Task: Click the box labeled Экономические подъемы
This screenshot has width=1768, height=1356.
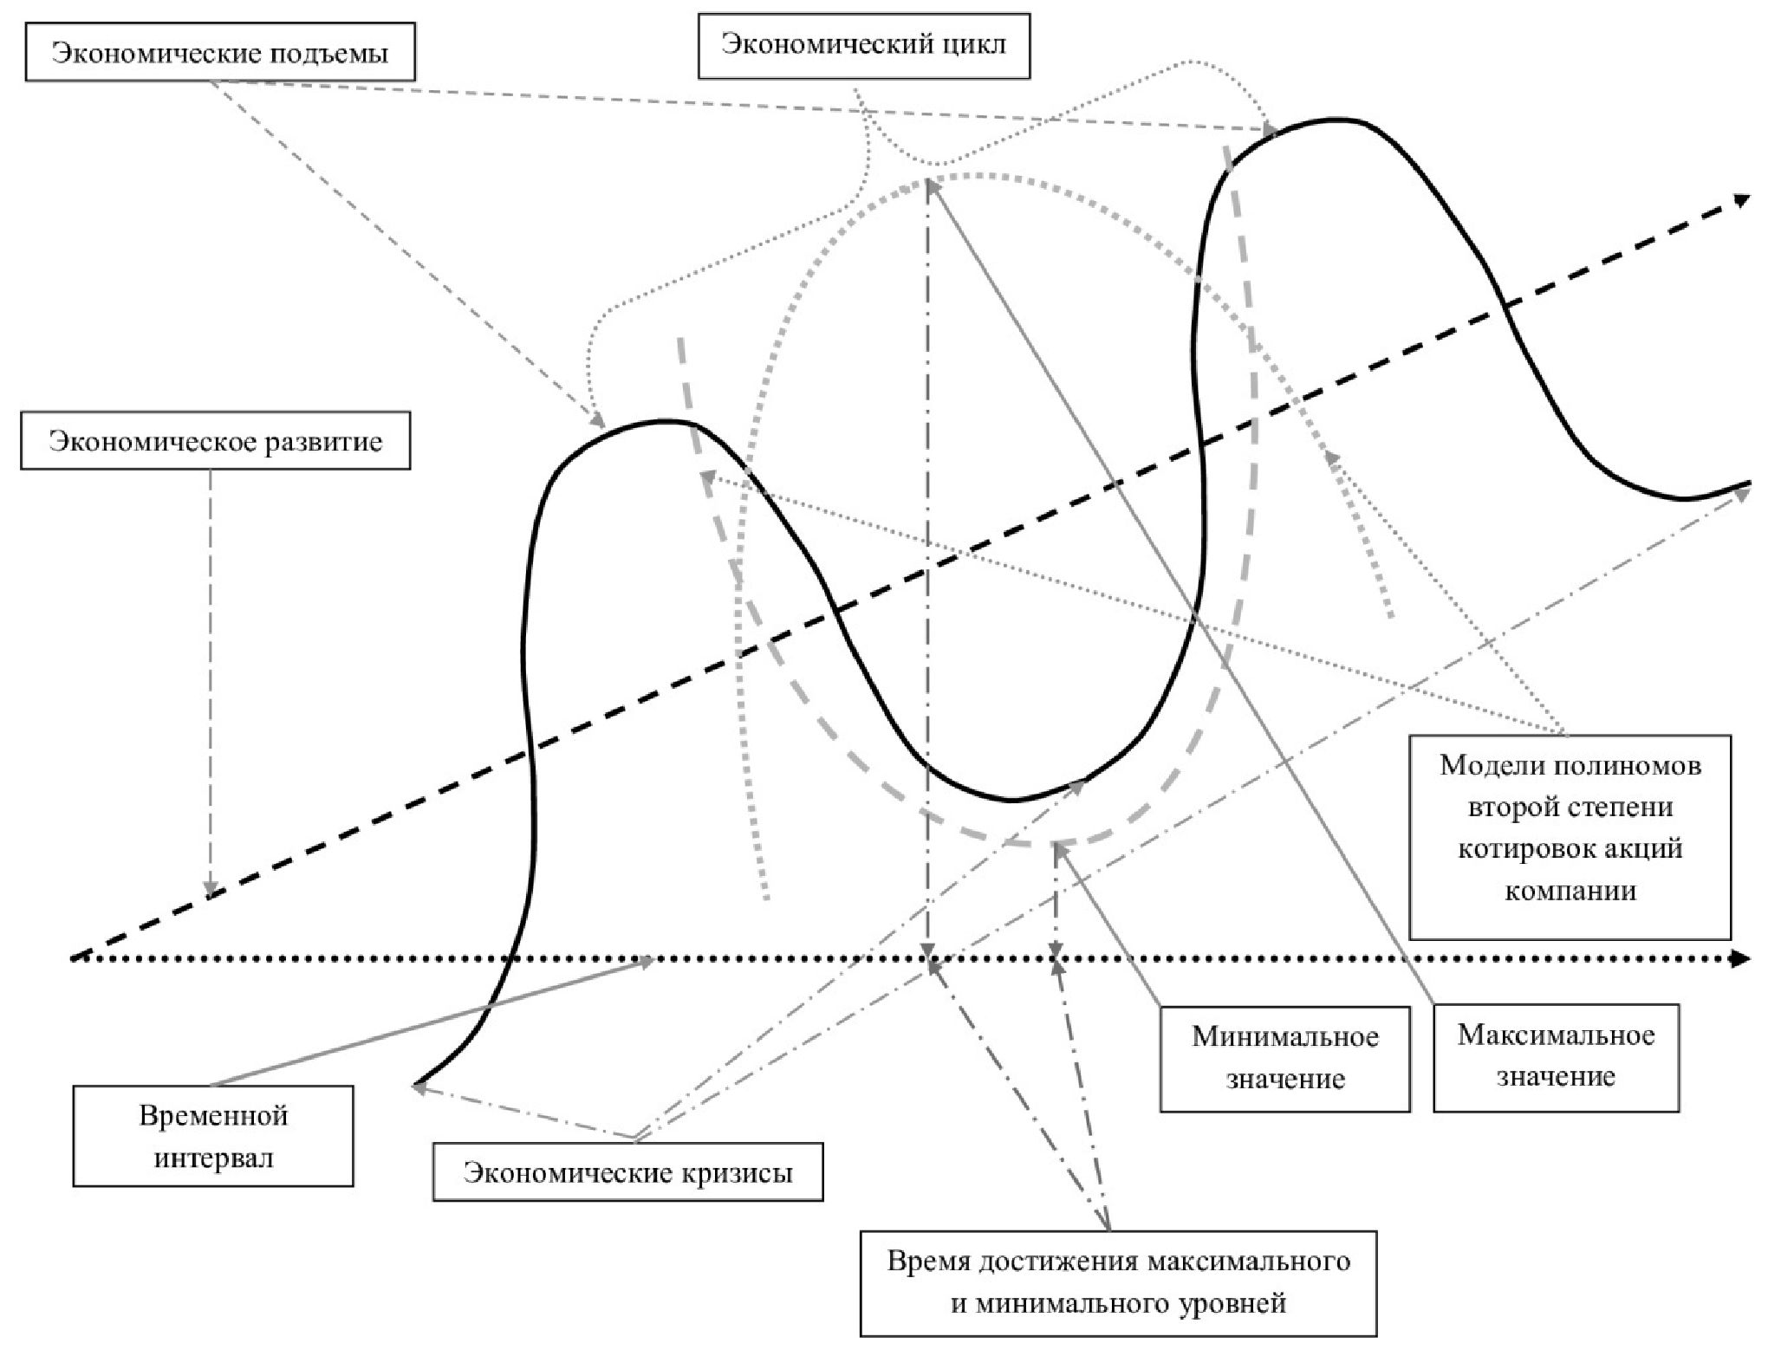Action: coord(219,54)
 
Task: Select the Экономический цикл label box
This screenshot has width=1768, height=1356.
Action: coord(863,45)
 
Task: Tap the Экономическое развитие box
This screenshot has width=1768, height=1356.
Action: coord(215,442)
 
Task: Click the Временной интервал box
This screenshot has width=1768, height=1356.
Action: coord(213,1135)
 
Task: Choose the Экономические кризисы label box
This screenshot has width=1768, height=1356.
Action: coord(627,1173)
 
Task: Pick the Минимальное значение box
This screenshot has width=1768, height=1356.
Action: coord(1284,1058)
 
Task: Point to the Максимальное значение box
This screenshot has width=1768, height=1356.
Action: coord(1556,1056)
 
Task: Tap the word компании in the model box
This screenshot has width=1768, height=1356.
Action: coord(1570,891)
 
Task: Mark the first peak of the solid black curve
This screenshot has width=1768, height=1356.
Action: coord(663,422)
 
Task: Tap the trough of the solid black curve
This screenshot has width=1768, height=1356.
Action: coord(1010,799)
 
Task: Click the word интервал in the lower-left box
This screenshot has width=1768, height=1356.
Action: coord(213,1158)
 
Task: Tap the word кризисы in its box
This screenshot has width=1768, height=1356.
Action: coord(744,1173)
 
